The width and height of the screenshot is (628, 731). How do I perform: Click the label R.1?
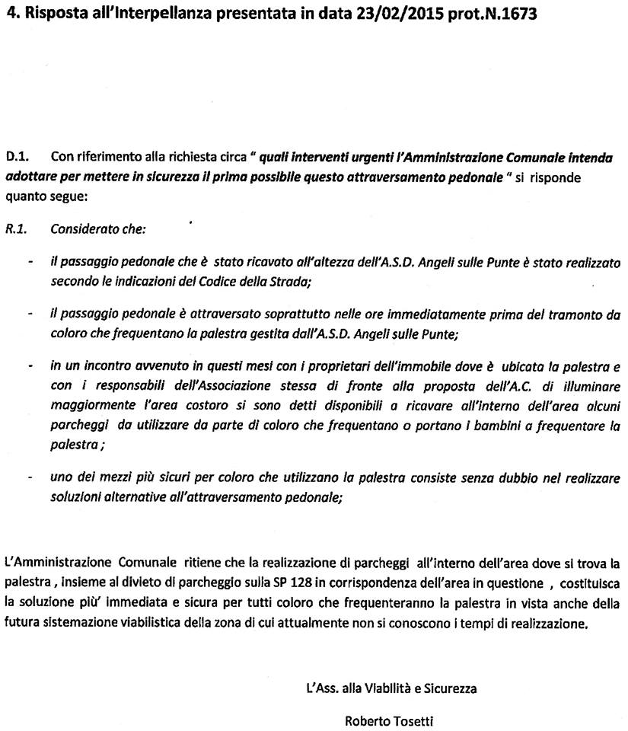[x=16, y=228]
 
